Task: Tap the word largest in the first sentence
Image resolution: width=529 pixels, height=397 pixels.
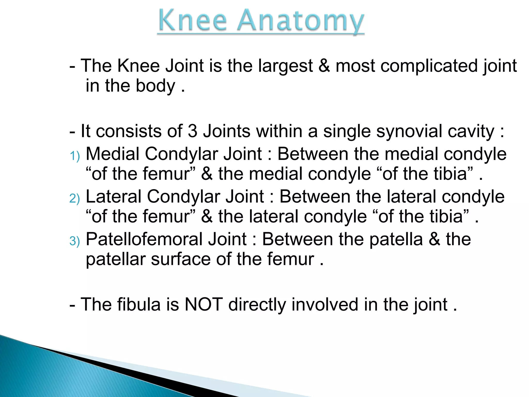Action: pyautogui.click(x=285, y=66)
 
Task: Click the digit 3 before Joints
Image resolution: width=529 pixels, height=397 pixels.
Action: pyautogui.click(x=192, y=131)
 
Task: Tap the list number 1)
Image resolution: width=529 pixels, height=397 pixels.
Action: pyautogui.click(x=75, y=156)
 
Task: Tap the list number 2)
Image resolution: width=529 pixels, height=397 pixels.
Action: pyautogui.click(x=75, y=198)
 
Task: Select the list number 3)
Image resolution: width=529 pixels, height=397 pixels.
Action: pyautogui.click(x=75, y=241)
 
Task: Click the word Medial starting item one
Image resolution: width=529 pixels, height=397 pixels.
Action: pyautogui.click(x=112, y=154)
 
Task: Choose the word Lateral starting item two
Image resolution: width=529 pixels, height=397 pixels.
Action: pyautogui.click(x=114, y=196)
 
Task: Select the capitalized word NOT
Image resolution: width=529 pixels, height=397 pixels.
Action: pyautogui.click(x=204, y=304)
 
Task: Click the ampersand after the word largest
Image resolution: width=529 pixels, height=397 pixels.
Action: pyautogui.click(x=324, y=66)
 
